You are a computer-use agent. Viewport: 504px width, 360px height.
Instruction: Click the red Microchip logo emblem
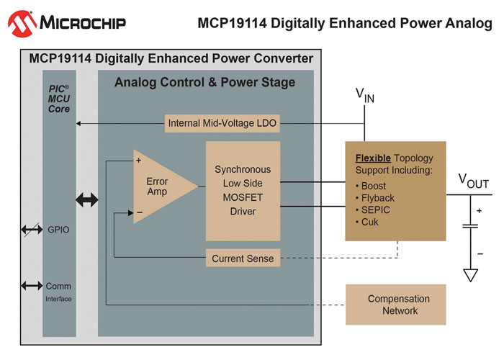[x=22, y=24]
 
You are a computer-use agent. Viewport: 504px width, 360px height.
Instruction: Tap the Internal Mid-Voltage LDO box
[x=222, y=123]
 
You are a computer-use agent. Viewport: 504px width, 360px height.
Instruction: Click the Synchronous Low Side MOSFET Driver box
[x=243, y=191]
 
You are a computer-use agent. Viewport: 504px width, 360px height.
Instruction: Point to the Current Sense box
[x=243, y=258]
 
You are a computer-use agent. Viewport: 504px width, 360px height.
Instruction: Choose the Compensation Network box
[x=396, y=305]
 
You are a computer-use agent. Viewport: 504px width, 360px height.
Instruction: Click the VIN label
[x=365, y=96]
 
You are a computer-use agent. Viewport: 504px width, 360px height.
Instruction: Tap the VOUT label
[x=474, y=181]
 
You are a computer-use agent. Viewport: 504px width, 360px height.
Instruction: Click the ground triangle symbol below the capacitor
[x=471, y=275]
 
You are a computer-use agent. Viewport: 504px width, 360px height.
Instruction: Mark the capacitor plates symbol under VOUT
[x=471, y=226]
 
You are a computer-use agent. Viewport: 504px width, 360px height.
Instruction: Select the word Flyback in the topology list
[x=378, y=198]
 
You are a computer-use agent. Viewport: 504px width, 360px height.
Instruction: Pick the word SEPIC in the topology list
[x=375, y=210]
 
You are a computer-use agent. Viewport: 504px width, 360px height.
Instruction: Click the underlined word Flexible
[x=373, y=158]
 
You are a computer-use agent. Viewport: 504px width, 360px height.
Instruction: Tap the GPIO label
[x=58, y=230]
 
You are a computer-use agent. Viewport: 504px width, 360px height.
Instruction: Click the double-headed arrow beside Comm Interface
[x=32, y=285]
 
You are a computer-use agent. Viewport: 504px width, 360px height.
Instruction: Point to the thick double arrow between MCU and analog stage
[x=87, y=200]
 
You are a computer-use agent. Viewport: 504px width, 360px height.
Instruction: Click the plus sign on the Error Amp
[x=138, y=160]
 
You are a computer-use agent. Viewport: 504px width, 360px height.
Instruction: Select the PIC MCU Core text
[x=59, y=99]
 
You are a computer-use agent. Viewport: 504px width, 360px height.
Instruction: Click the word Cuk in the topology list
[x=369, y=222]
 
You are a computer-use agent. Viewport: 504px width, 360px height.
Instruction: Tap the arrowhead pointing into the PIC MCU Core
[x=78, y=123]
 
